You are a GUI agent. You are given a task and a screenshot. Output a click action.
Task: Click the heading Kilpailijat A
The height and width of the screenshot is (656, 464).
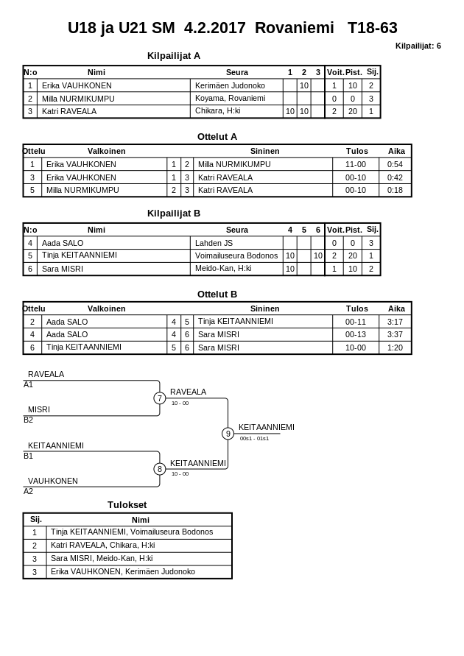(174, 55)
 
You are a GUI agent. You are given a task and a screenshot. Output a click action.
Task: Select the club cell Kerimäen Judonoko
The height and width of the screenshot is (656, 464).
(230, 85)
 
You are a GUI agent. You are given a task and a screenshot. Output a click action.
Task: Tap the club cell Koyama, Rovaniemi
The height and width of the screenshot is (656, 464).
(230, 98)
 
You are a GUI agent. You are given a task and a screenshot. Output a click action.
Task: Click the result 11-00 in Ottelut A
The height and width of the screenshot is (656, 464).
(356, 164)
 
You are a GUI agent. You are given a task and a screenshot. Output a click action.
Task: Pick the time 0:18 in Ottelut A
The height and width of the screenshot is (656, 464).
(396, 190)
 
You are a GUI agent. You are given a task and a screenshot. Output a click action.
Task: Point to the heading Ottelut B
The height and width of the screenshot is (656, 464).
(217, 294)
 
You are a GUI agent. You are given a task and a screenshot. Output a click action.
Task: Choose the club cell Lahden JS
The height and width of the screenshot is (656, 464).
(214, 242)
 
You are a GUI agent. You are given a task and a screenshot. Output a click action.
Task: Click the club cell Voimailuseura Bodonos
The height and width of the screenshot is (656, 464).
(236, 255)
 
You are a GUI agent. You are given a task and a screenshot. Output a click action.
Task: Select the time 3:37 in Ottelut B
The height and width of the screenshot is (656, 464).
(396, 334)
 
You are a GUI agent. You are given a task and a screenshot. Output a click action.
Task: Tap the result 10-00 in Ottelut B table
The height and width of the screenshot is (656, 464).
(356, 348)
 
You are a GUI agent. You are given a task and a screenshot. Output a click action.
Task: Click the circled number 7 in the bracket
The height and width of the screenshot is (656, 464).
(159, 398)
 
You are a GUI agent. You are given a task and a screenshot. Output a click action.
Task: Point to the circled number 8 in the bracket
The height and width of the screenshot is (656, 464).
(159, 469)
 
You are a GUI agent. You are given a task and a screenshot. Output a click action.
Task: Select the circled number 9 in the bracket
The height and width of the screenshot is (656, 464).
(228, 434)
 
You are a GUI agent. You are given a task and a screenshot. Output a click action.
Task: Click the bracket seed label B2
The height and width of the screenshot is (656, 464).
(28, 420)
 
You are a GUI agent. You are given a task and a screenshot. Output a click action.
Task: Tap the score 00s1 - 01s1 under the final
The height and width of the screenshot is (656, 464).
(254, 438)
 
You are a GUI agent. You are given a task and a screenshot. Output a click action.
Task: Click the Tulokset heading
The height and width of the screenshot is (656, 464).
(127, 504)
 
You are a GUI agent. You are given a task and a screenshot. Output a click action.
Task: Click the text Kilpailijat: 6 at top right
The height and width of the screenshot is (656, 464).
(418, 46)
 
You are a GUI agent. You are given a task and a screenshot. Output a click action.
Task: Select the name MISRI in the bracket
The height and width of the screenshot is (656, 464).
(39, 409)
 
